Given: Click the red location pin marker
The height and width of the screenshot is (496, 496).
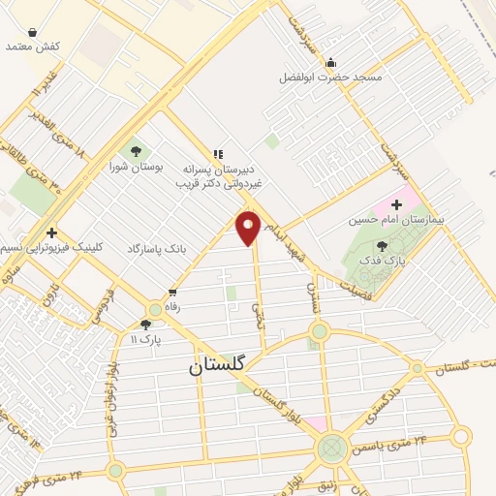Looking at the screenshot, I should [249, 227].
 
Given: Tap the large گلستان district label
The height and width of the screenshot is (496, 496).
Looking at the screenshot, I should [218, 365].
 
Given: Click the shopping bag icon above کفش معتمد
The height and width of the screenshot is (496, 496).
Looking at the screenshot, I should [33, 32].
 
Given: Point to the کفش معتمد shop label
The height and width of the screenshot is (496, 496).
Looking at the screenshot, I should [33, 46].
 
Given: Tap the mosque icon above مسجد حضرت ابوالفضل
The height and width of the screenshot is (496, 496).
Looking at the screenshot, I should [330, 62].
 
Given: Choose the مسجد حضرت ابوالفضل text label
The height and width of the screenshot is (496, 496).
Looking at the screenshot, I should [330, 77].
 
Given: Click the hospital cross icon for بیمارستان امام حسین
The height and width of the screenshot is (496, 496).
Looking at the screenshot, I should [396, 205].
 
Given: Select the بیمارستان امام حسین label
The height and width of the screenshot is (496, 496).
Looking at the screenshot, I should [396, 220].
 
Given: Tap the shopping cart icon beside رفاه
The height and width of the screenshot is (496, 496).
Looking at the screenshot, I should [172, 293].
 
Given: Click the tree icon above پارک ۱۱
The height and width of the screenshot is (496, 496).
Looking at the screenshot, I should [145, 325].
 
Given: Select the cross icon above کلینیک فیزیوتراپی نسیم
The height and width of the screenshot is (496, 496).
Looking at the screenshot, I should [51, 232].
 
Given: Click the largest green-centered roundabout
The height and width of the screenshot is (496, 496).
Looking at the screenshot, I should [331, 447].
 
